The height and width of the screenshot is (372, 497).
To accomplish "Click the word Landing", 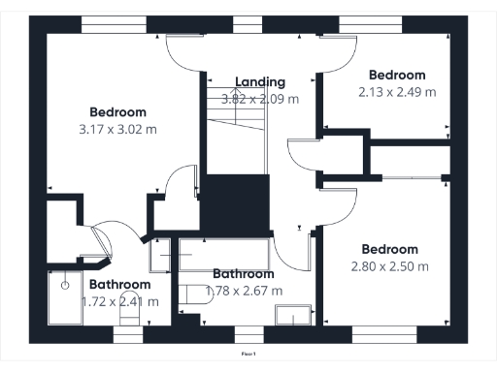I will (259, 81).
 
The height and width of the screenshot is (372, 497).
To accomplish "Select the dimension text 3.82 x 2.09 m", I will (259, 98).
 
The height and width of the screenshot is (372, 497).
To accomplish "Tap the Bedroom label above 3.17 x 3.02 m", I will (119, 109).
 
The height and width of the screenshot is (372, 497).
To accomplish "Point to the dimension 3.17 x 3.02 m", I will (119, 127).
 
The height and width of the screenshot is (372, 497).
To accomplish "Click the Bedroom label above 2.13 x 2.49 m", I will (396, 75).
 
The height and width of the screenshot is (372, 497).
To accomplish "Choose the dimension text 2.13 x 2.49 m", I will (396, 92).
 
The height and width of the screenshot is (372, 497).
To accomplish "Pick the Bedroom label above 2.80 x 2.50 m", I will (388, 249).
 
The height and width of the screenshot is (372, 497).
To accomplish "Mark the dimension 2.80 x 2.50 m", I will (388, 266).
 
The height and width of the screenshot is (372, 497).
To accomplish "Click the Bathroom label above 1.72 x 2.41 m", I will (119, 285).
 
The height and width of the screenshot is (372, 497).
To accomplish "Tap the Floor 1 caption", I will (248, 356).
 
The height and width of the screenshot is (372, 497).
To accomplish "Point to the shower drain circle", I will (65, 286).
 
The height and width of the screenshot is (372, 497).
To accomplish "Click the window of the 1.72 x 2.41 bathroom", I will (128, 334).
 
